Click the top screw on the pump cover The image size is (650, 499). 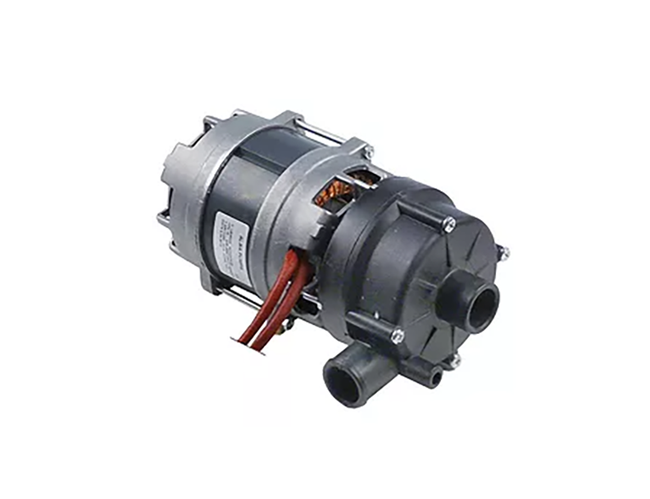coord(448,221)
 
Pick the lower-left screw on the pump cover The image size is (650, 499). coord(398,335)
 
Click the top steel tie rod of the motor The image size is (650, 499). coord(320,131)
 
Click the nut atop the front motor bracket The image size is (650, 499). coord(368,149)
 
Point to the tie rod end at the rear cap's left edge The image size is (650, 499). coord(161,218)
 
